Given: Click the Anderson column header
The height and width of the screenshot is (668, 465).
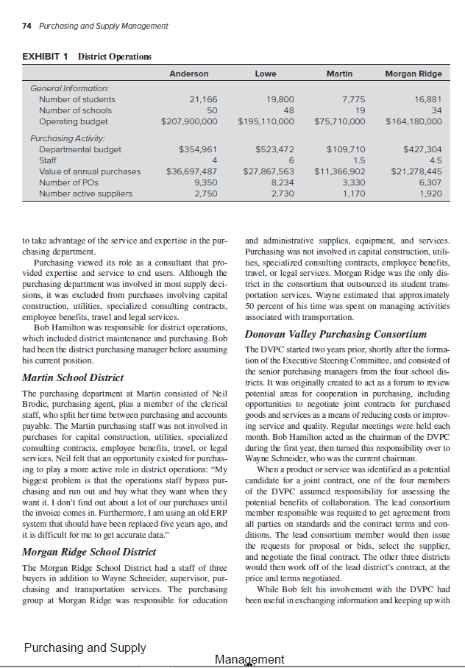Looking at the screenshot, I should coord(189,74).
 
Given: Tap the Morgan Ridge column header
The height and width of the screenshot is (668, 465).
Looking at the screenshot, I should coord(413,74).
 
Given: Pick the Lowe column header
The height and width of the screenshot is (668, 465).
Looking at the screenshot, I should coord(266,74).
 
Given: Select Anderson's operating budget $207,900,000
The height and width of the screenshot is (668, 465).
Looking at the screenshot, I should coord(189,121).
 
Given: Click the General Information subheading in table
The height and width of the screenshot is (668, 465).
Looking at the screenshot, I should coord(69,88).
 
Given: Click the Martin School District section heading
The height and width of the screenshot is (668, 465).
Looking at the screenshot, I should coord(73,377).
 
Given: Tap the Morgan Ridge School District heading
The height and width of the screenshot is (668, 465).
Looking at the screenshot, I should coord(89,552).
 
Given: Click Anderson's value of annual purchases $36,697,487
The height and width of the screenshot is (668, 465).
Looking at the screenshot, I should coord(192,171).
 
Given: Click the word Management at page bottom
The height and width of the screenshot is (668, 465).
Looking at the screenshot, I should coord(249,659).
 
